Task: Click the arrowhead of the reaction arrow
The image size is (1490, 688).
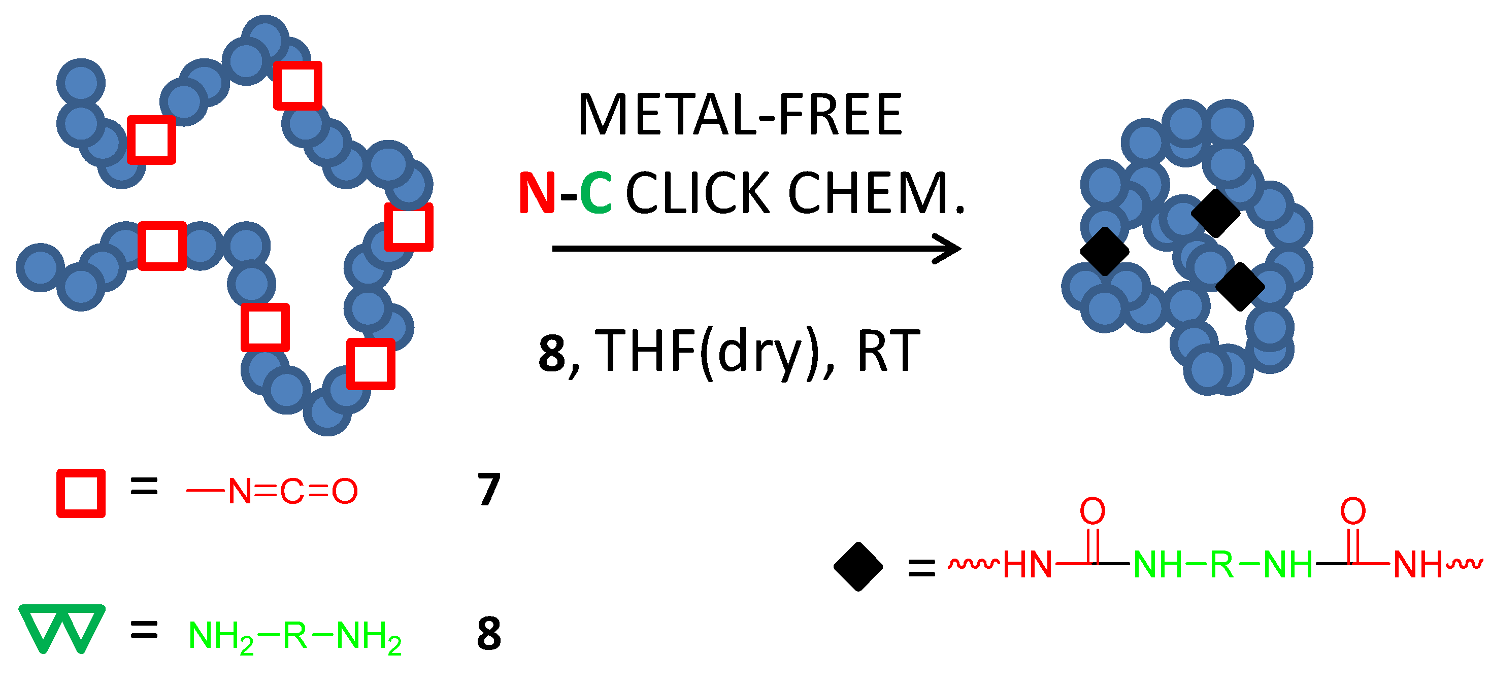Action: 949,249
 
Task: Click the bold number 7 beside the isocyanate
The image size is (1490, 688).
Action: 489,490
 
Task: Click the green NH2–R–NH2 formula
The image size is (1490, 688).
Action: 295,636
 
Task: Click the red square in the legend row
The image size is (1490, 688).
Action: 81,493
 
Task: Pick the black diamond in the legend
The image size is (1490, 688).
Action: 858,567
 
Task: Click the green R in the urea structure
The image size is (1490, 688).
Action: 1221,564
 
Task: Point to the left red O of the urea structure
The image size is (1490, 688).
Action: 1092,511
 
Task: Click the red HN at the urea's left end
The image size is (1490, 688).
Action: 1027,564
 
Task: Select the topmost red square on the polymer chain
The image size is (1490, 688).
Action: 297,86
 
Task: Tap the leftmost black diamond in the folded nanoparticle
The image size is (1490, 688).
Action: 1105,251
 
